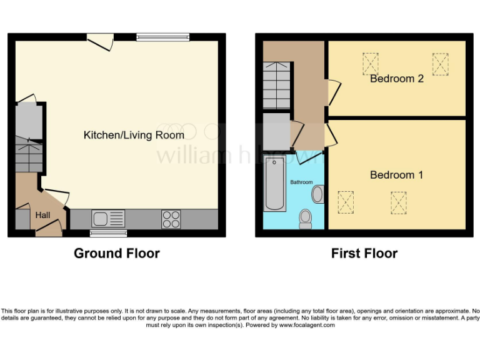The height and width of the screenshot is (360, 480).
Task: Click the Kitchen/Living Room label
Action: (134, 135)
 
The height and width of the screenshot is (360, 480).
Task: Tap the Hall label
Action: (42, 215)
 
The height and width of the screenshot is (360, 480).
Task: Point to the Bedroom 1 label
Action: (396, 175)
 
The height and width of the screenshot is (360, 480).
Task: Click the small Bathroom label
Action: (301, 182)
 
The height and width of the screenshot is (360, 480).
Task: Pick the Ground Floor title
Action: (116, 253)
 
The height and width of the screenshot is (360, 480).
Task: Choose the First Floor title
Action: (364, 253)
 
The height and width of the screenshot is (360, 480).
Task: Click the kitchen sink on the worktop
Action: (108, 219)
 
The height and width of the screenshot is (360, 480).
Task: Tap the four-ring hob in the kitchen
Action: (171, 219)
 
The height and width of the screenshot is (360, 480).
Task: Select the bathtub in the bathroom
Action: (275, 183)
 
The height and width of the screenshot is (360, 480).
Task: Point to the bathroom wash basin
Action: (317, 194)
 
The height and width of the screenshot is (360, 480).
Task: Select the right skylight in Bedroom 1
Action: (399, 202)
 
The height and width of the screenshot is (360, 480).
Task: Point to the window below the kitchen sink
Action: (104, 234)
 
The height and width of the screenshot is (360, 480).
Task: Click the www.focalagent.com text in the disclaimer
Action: (307, 325)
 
